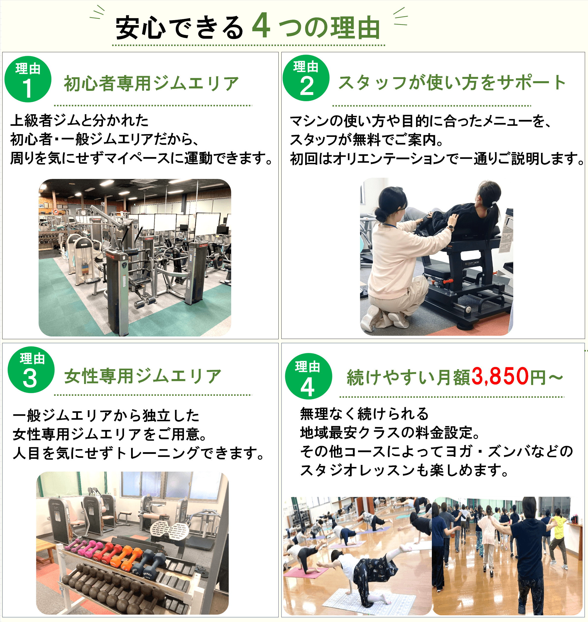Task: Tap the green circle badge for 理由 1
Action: tap(28, 79)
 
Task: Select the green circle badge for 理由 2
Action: tap(306, 78)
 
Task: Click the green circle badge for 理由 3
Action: tap(31, 370)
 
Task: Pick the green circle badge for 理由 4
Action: tap(308, 376)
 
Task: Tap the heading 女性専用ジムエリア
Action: tap(143, 376)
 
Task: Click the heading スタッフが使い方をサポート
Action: tap(452, 82)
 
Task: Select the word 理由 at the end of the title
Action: tap(355, 28)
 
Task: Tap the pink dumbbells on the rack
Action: tap(82, 547)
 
